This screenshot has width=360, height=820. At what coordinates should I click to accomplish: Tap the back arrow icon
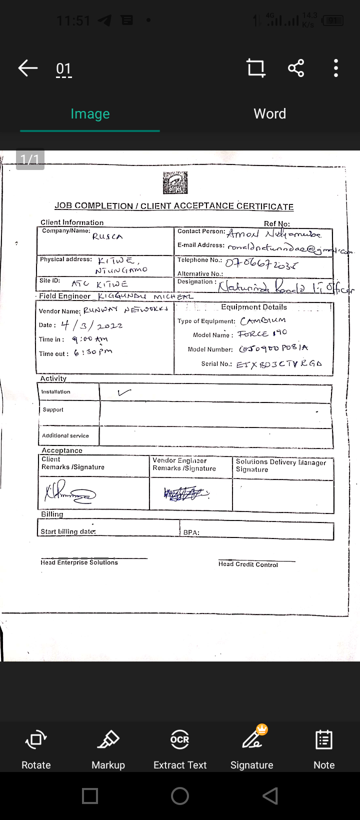coord(28,68)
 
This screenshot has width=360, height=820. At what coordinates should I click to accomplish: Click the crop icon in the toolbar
coord(256,68)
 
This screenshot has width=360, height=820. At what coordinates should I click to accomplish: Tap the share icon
coord(296,68)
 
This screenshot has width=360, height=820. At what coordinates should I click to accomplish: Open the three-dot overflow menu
coord(336,68)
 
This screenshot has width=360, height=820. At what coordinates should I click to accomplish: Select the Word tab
coord(270,114)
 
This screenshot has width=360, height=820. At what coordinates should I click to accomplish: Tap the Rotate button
coord(36,747)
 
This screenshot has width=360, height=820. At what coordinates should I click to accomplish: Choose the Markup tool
coord(108,747)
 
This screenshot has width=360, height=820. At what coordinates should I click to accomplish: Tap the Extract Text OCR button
coord(180,747)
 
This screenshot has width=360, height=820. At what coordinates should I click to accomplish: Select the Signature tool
coord(252,747)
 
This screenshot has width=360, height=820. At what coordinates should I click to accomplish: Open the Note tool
coord(324,747)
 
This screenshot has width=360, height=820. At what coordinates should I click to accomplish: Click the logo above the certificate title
coord(175,183)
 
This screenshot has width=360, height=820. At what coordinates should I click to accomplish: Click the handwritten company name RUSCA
coord(107,236)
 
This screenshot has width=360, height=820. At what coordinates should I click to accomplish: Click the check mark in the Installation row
coord(124,392)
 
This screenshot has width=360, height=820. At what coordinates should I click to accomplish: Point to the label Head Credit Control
coord(248,564)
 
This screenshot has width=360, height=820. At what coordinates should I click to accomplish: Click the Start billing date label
coord(68,531)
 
